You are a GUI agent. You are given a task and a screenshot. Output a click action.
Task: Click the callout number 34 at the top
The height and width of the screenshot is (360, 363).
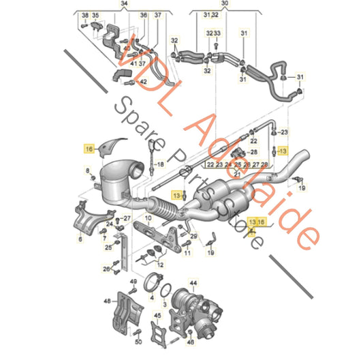pos(123,4)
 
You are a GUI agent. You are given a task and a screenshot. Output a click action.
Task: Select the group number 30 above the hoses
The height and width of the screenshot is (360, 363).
pos(226,4)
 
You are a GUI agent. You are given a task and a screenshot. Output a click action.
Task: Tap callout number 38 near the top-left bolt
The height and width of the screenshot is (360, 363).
pos(84,15)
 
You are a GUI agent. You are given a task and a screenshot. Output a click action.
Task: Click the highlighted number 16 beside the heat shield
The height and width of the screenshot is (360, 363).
pos(88,147)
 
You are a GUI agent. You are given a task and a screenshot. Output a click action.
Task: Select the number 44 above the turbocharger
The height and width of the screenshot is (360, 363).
pos(193,282)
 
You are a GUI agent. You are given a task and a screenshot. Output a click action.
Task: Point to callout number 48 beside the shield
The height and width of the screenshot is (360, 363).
pos(107,300)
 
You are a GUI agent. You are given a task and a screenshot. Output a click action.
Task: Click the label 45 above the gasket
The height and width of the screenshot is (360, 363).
pos(157,316)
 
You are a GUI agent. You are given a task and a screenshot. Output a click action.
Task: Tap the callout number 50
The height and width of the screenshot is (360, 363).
pos(138,341)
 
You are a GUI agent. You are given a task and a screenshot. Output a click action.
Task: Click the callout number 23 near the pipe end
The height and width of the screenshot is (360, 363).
pos(285,132)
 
